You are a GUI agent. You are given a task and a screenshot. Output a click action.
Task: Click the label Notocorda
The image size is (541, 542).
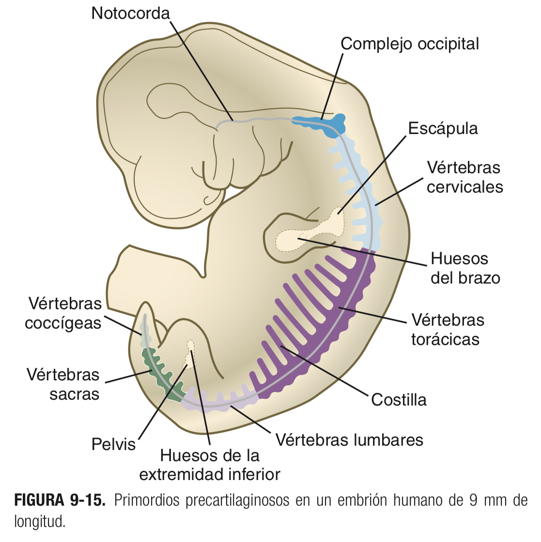131,13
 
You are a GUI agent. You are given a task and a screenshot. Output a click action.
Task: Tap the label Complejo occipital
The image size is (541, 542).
409,44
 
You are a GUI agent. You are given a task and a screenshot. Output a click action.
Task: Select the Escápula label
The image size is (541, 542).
443,128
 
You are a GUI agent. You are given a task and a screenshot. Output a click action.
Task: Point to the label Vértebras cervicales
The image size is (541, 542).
464,177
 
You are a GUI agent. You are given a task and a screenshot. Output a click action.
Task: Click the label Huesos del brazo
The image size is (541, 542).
464,268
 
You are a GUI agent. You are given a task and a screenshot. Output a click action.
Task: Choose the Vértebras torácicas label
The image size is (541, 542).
448,330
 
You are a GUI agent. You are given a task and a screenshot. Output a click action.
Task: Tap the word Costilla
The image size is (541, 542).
399,400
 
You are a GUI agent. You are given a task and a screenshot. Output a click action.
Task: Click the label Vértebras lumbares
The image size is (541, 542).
349,440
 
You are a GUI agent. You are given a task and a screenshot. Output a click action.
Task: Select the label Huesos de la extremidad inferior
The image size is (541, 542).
210,465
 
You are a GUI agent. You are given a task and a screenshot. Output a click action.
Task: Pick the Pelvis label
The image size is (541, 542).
114,444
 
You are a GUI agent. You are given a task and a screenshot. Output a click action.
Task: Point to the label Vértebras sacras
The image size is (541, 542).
63,384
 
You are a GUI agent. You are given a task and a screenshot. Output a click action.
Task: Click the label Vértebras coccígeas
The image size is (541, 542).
63,313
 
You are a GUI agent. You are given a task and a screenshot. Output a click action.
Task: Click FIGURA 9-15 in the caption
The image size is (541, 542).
60,500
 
